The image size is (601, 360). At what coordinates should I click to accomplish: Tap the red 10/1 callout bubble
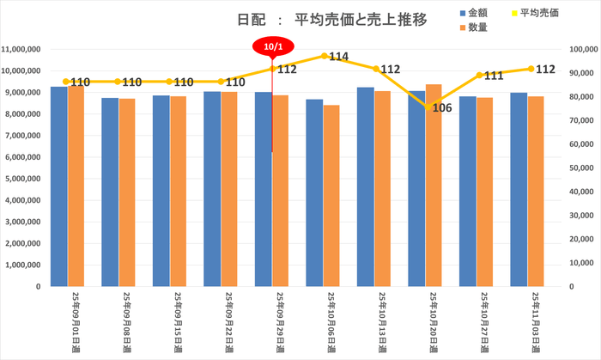pos(271,45)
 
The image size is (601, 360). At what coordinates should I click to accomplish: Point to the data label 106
pos(441,108)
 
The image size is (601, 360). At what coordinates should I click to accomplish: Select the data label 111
pos(493,76)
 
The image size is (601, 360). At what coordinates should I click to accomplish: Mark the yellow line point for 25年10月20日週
pos(425,107)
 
